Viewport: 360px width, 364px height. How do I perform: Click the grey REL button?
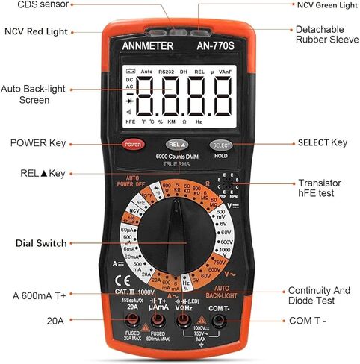pos(177,144)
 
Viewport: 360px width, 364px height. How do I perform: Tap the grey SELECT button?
pos(221,145)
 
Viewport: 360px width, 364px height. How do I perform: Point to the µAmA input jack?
pos(158,321)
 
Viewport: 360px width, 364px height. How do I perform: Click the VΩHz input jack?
pos(183,321)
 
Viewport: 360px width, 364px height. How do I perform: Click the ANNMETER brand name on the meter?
pos(147,46)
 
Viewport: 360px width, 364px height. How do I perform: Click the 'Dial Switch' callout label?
pos(41,243)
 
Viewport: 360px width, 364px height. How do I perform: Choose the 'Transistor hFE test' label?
pos(320,189)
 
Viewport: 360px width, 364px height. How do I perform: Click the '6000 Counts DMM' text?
pos(177,156)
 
